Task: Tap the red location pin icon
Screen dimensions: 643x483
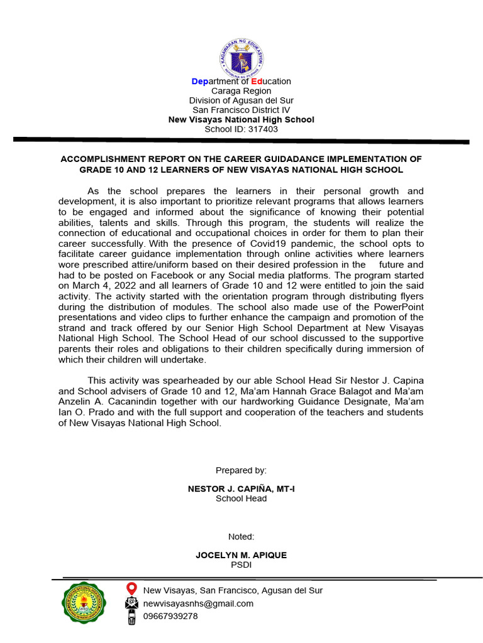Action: (x=131, y=589)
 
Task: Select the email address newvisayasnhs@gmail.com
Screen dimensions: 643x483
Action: (x=198, y=603)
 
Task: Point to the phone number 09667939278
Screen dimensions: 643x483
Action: (x=170, y=616)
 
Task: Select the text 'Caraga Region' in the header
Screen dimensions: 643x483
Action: (x=241, y=91)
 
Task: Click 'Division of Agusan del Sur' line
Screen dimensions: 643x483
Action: (x=241, y=100)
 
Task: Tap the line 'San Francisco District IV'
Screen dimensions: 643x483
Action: (x=241, y=110)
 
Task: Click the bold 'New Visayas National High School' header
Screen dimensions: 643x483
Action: (x=241, y=119)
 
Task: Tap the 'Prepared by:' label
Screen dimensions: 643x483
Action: (x=241, y=470)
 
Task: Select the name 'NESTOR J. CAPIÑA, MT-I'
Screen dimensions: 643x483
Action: (x=241, y=489)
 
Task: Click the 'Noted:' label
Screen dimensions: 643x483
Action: (x=241, y=537)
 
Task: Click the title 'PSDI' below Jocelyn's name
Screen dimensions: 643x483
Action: (x=241, y=565)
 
